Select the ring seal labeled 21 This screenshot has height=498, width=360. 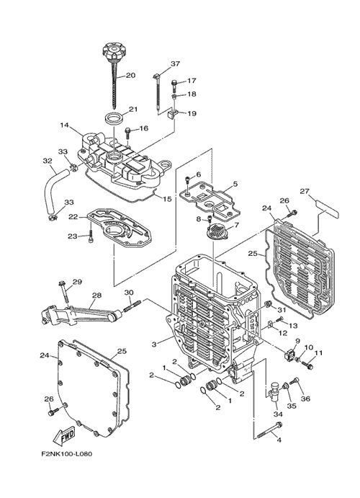pyautogui.click(x=114, y=119)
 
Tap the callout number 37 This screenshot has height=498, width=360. pyautogui.click(x=175, y=63)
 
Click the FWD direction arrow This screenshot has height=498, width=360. pyautogui.click(x=64, y=435)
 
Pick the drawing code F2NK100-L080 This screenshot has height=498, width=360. pyautogui.click(x=67, y=454)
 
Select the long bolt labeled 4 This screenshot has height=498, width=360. pyautogui.click(x=269, y=430)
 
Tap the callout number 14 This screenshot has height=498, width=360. pyautogui.click(x=64, y=125)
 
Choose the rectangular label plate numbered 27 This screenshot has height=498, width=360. pyautogui.click(x=328, y=209)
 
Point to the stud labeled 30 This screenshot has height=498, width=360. pyautogui.click(x=130, y=305)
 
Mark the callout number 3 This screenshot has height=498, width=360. pyautogui.click(x=154, y=344)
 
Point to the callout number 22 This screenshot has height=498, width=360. pyautogui.click(x=73, y=217)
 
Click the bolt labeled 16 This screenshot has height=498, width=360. pyautogui.click(x=127, y=133)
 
